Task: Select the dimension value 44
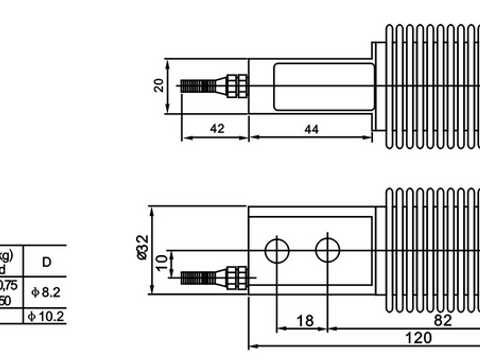pos(310,129)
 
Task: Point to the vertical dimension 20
pos(158,86)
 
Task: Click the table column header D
pos(46,261)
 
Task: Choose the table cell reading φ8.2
pos(47,292)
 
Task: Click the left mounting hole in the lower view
pos(277,248)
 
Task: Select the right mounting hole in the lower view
pos(326,248)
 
